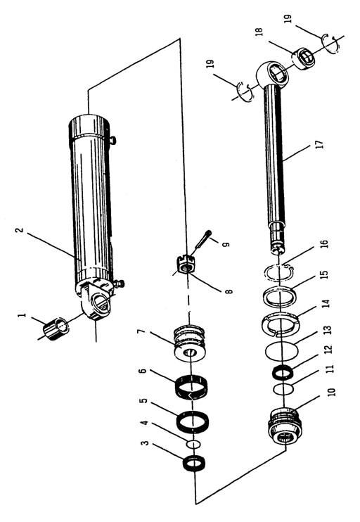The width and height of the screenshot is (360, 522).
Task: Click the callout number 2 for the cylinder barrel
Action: coord(20,230)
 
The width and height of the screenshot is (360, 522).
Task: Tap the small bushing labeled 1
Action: coord(56,329)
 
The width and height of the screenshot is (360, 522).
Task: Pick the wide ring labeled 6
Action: coord(191,386)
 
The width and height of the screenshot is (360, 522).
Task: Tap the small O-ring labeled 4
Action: coord(194,445)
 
